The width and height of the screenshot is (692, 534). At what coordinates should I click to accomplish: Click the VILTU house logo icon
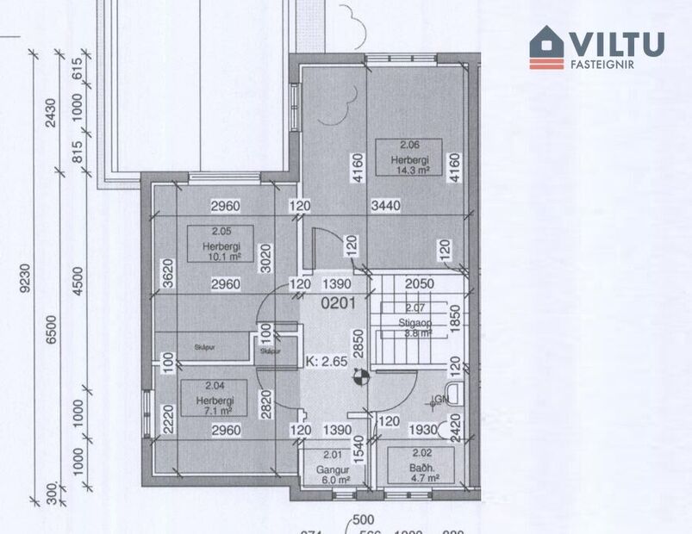[546, 47]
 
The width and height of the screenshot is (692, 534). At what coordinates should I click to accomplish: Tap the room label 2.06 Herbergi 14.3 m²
[408, 158]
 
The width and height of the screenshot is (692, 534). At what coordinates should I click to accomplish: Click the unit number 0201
[339, 303]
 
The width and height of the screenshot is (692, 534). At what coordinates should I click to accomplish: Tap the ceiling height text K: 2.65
[327, 362]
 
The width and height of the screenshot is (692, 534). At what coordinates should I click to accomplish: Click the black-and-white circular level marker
[361, 375]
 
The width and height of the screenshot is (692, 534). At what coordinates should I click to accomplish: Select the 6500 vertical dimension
[51, 328]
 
